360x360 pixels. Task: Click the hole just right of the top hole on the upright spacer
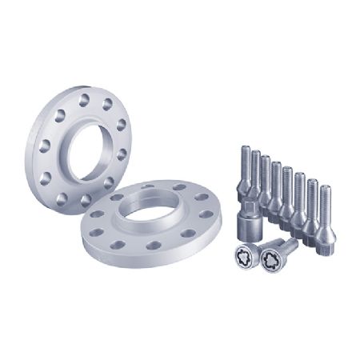pos(106,104)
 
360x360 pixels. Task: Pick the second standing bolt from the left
pos(255,176)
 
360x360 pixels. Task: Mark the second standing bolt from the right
pos(313,204)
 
